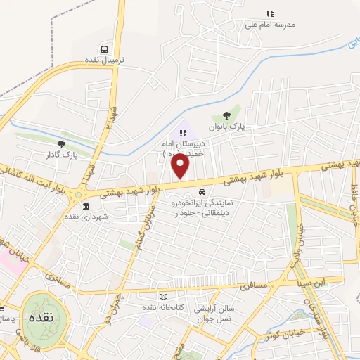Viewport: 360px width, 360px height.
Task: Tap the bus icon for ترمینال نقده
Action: tap(105, 49)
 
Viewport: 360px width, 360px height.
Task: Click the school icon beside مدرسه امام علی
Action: tap(270, 13)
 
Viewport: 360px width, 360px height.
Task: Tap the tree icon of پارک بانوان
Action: tap(226, 115)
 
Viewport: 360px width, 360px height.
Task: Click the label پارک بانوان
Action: tap(226, 127)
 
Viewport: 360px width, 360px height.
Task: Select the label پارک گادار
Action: tap(60, 154)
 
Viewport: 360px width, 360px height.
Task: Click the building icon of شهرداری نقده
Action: tap(86, 207)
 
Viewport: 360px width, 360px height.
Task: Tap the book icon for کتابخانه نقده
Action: tap(164, 297)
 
